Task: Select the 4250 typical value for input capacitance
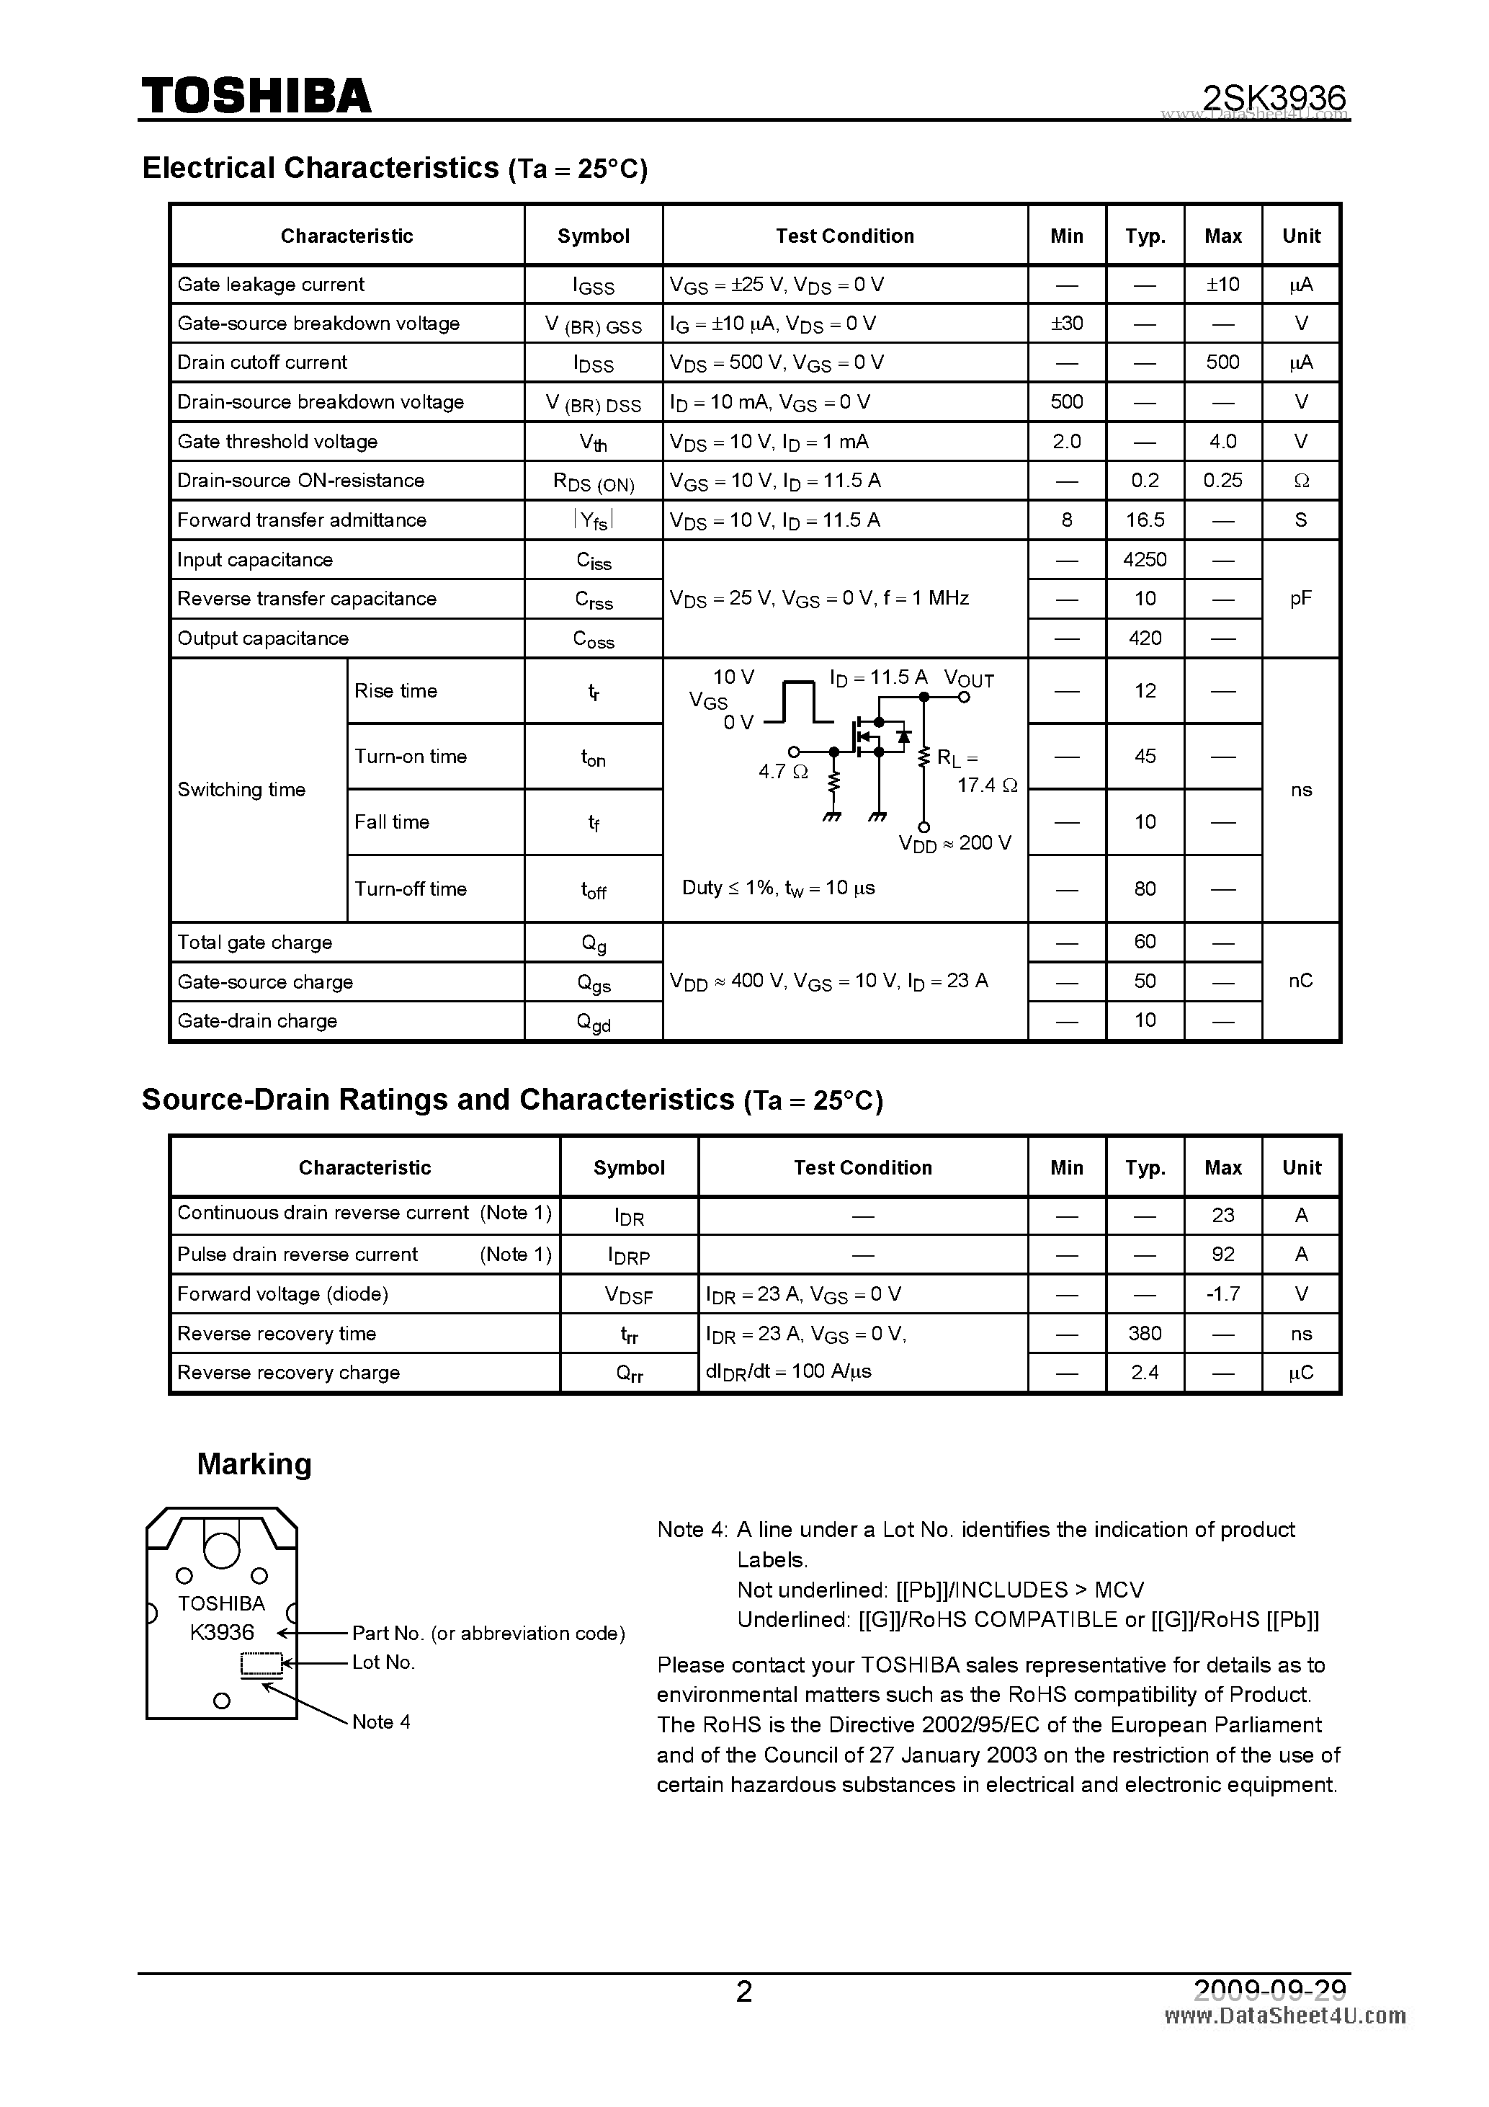[x=1144, y=560]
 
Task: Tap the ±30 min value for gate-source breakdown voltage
[x=1066, y=323]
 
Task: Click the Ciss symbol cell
[x=594, y=561]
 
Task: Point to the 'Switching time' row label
[x=241, y=790]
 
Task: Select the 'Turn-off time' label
[x=410, y=889]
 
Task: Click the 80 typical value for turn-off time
[x=1144, y=889]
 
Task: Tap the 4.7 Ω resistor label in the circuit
[x=782, y=772]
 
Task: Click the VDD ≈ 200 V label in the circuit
[x=954, y=843]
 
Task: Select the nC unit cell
[x=1300, y=981]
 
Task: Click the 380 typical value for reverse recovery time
[x=1144, y=1333]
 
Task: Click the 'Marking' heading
[x=254, y=1464]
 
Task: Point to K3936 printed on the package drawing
[x=222, y=1631]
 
